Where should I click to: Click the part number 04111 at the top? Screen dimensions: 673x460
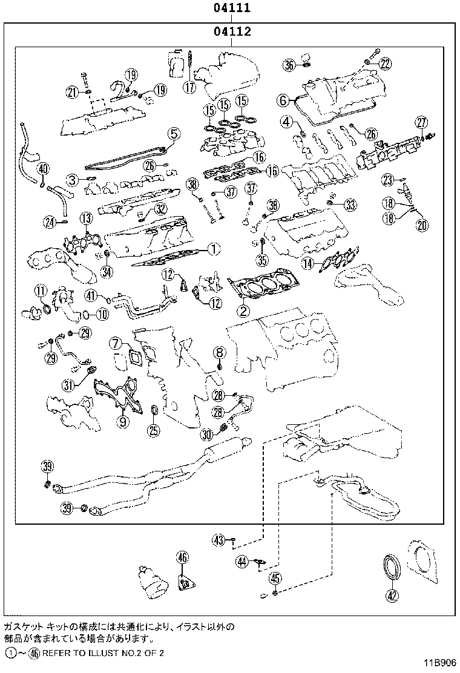click(231, 8)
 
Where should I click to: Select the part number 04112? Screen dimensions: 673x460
click(231, 31)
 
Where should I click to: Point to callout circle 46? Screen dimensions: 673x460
click(182, 557)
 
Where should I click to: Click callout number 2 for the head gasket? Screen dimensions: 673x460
click(243, 311)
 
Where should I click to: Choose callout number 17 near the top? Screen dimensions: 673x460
click(190, 87)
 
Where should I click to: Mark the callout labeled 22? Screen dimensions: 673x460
click(386, 62)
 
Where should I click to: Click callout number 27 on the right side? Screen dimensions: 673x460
click(421, 123)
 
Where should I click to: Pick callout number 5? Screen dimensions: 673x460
click(173, 133)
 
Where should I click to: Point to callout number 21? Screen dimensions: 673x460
click(73, 92)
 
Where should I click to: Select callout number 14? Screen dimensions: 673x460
click(309, 263)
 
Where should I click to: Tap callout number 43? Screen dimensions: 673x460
click(218, 539)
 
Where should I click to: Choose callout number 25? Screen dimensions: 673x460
click(154, 430)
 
